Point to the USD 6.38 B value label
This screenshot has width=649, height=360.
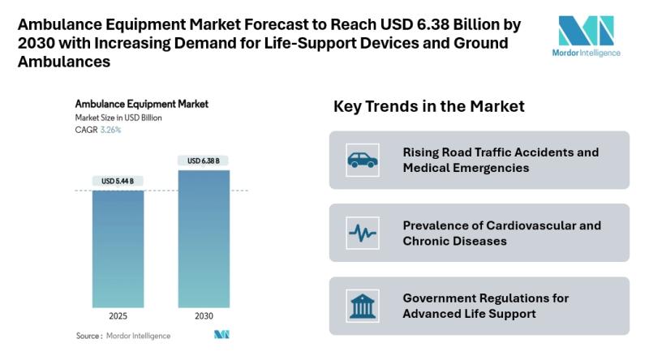tap(204, 161)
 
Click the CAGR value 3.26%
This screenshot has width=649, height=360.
tap(110, 130)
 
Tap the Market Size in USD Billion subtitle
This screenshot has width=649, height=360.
tap(118, 118)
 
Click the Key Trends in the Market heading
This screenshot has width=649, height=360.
tap(429, 106)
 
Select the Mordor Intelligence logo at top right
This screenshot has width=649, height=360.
tap(590, 36)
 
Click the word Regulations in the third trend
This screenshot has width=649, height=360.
tap(516, 298)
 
